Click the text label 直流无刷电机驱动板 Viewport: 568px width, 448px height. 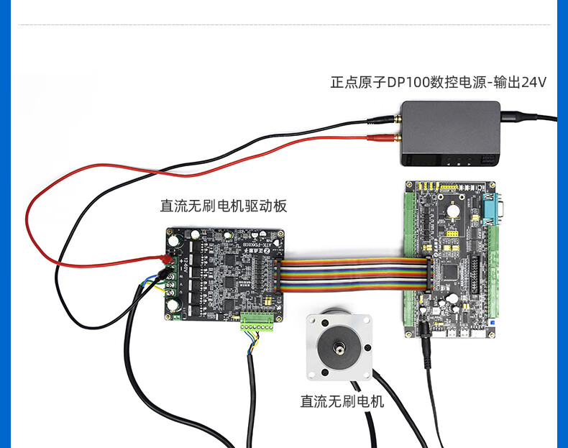point(223,206)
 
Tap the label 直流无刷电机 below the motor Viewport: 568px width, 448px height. point(342,401)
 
